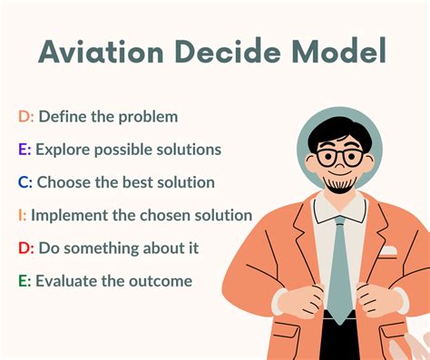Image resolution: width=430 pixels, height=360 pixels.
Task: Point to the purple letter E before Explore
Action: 24,149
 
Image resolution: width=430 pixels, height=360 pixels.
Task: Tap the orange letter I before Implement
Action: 22,215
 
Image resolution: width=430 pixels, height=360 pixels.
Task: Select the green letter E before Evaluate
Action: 24,281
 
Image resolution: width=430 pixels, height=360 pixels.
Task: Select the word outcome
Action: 162,281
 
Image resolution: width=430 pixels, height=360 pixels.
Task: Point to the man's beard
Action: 338,185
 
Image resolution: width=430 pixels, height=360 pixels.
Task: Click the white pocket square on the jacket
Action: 388,251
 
